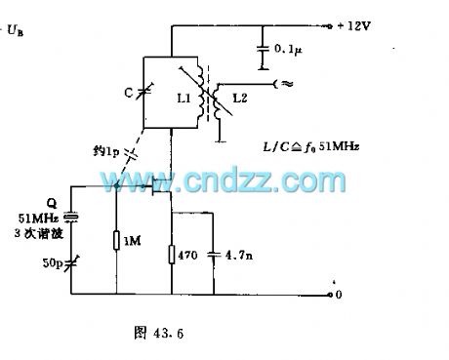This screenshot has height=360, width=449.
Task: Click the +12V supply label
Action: click(351, 26)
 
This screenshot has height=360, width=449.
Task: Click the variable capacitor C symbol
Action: click(146, 92)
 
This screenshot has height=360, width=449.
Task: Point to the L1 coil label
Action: click(183, 100)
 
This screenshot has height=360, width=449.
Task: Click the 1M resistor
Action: click(116, 241)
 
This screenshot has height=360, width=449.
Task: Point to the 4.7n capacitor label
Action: click(232, 256)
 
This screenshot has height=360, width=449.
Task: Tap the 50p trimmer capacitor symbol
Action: click(69, 263)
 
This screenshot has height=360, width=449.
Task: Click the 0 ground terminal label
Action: click(338, 293)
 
